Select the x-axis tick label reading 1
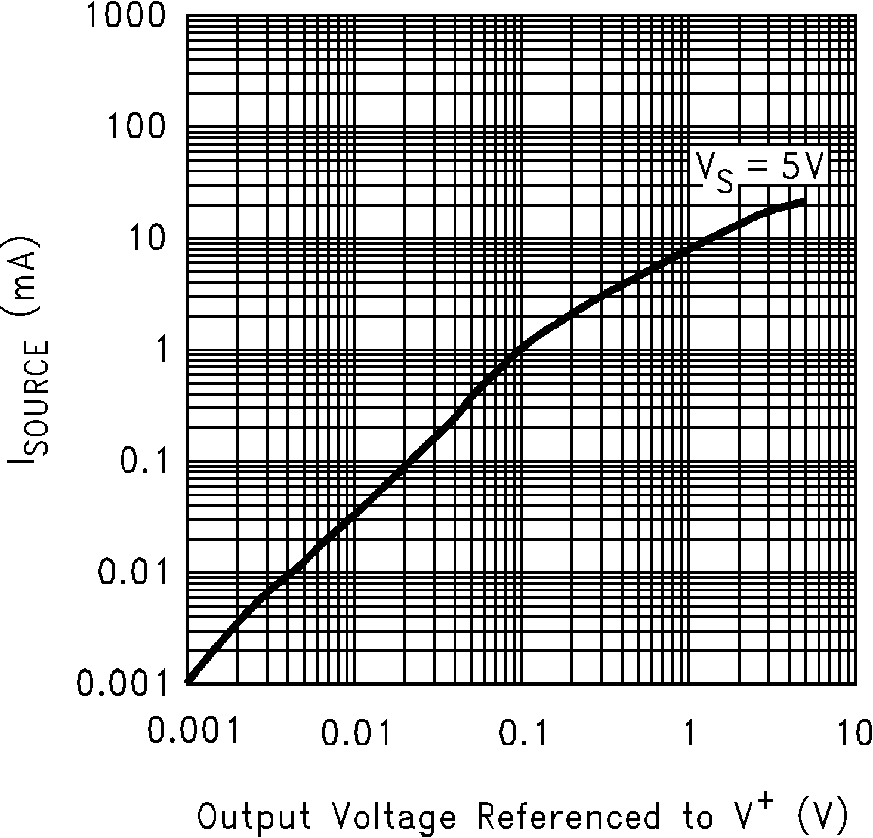(689, 732)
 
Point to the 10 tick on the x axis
(855, 732)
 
